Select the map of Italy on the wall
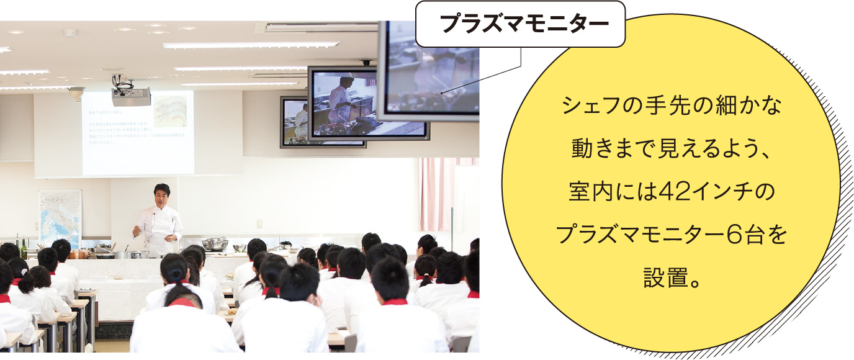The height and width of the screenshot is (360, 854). pos(60,217)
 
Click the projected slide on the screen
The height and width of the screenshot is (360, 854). pos(138,133)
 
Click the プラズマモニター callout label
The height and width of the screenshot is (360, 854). pos(520,24)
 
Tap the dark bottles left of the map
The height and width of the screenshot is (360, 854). pos(21,248)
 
